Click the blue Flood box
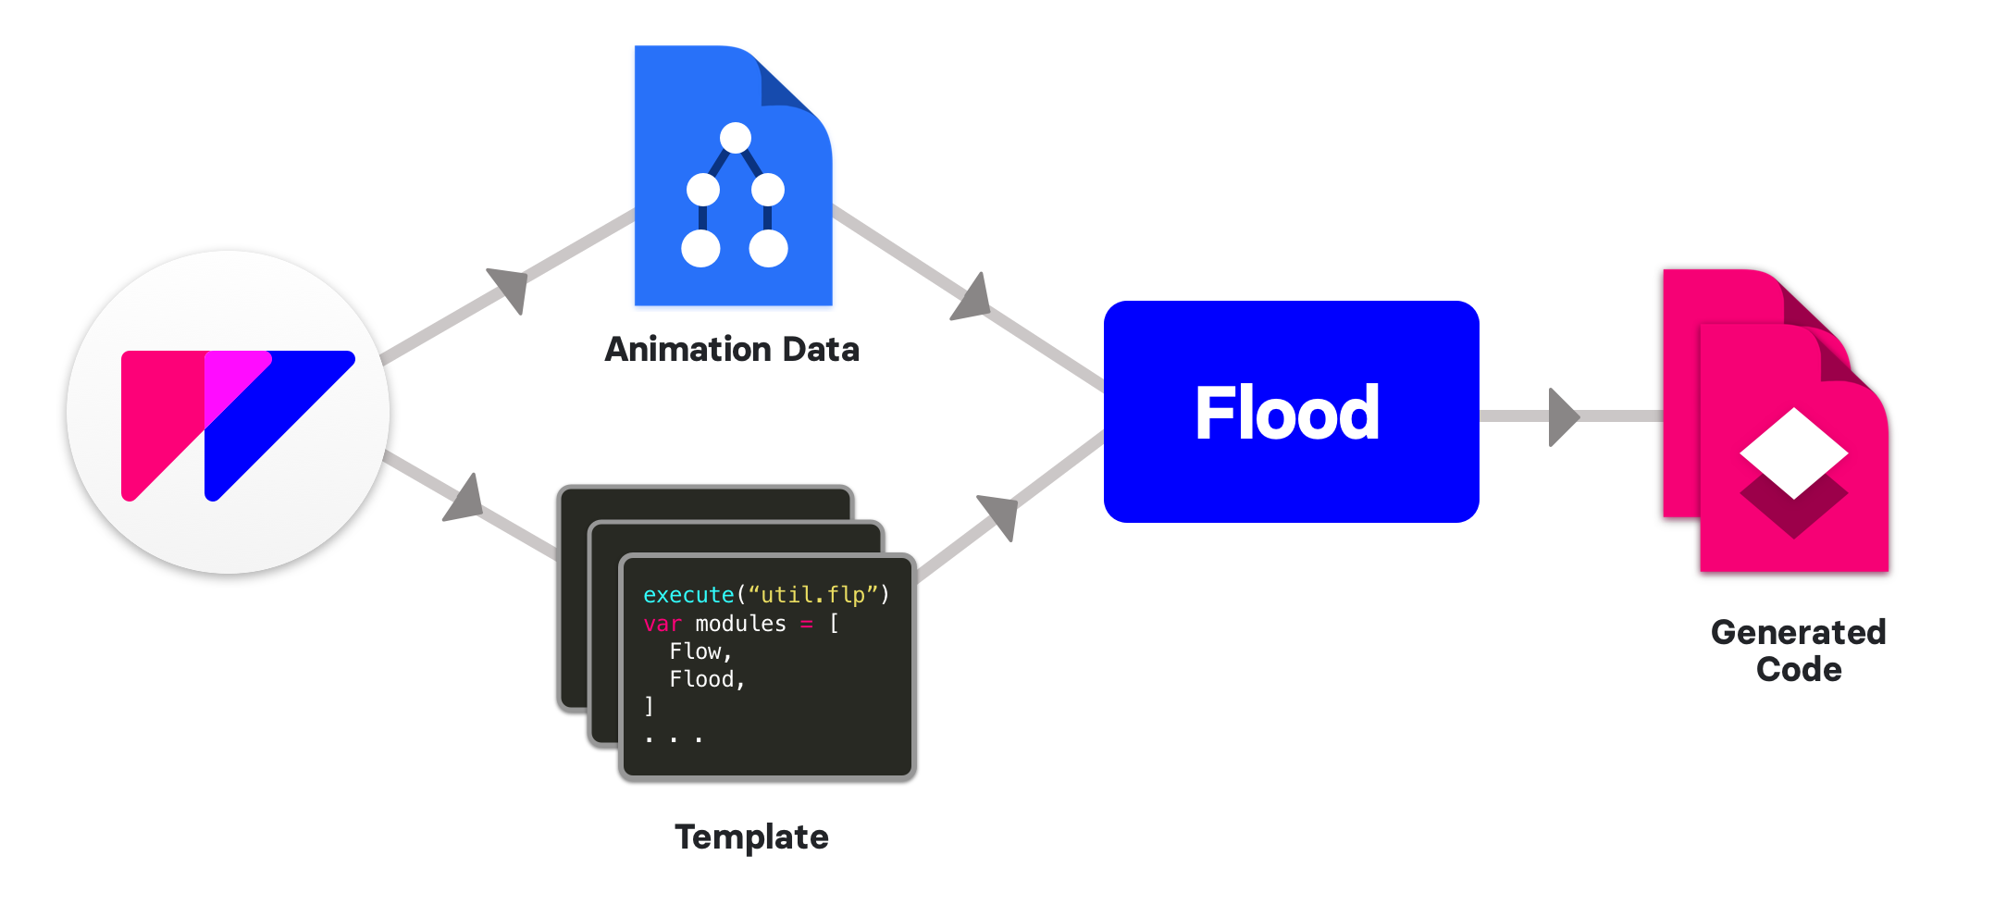click(1291, 412)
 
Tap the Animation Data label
click(732, 349)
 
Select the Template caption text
click(751, 837)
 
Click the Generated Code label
click(1798, 650)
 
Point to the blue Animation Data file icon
click(733, 177)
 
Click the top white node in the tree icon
click(736, 138)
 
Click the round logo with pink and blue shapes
click(229, 412)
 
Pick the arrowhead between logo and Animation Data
click(510, 287)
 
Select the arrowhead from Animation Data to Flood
click(973, 298)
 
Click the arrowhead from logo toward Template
click(465, 500)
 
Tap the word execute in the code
click(688, 595)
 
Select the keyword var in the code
click(663, 624)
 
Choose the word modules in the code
click(740, 624)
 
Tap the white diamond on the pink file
click(1794, 452)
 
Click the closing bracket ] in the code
click(649, 706)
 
